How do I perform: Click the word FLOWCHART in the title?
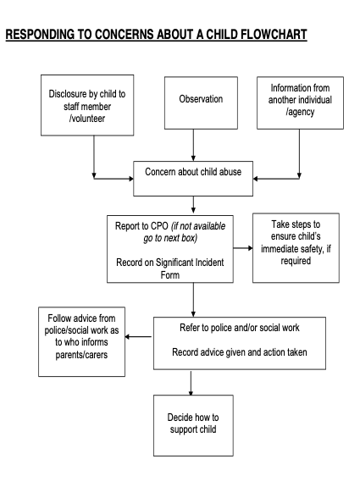274,34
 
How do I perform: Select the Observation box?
201,103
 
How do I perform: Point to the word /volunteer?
87,119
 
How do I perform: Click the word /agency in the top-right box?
300,112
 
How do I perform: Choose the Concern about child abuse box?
193,179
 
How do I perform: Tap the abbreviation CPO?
159,226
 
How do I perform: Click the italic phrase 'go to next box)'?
170,238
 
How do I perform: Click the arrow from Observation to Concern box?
193,145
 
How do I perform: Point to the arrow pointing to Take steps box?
243,248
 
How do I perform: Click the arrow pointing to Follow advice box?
138,337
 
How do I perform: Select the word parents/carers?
81,355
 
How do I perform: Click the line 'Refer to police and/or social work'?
240,328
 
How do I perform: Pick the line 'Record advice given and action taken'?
240,352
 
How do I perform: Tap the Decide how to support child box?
193,425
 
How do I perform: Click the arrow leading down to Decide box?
191,384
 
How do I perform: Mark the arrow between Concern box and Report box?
193,205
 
